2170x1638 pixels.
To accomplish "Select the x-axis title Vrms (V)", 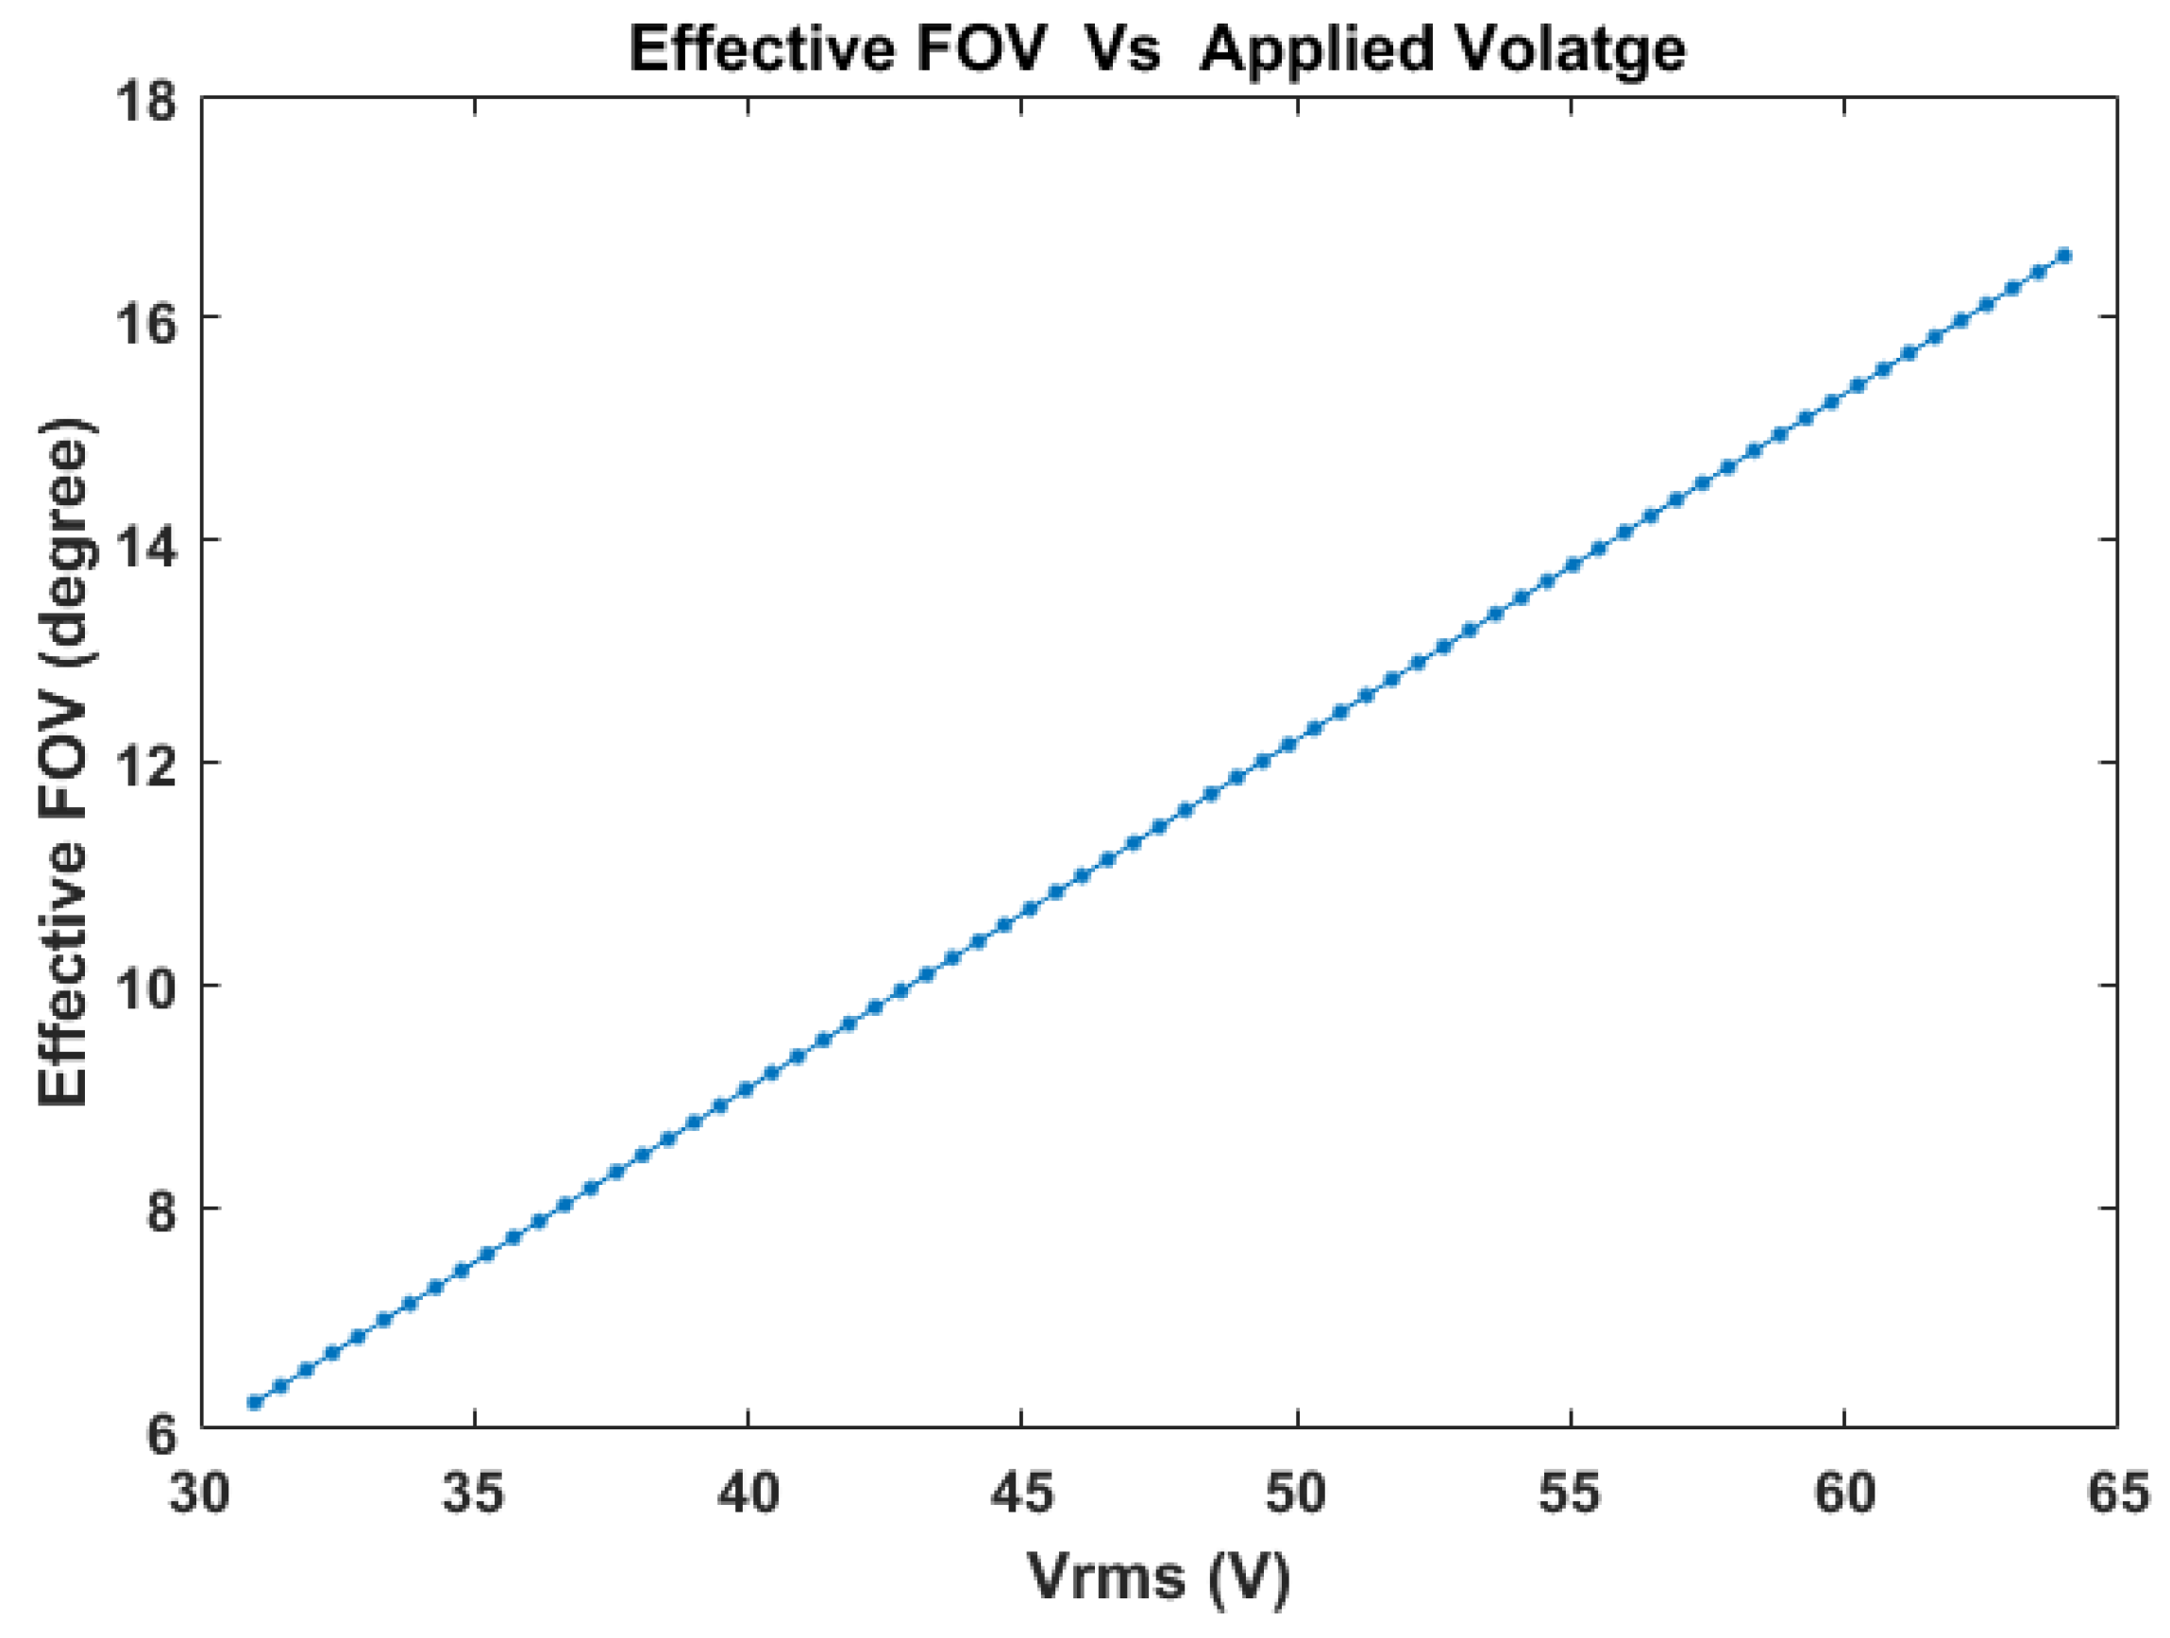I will click(x=1158, y=1578).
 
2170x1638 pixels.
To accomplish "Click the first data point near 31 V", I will click(x=255, y=1403).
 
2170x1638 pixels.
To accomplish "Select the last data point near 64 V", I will click(x=2064, y=255).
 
